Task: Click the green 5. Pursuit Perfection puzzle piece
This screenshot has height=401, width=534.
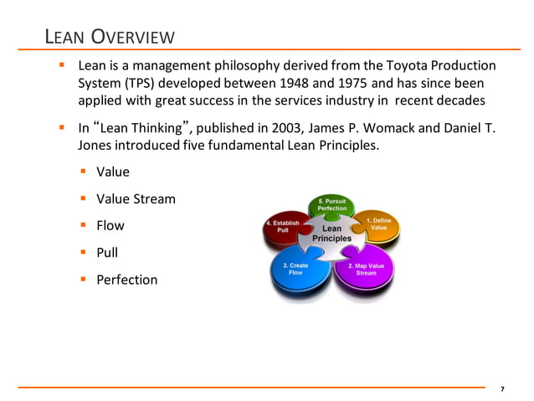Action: tap(331, 206)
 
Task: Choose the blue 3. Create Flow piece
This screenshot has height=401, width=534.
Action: tap(295, 270)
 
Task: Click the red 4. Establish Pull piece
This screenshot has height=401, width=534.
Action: tap(283, 228)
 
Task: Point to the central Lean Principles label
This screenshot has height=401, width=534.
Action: tap(331, 233)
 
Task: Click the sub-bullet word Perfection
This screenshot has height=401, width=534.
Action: tap(126, 280)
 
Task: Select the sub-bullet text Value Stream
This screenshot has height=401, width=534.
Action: tap(136, 199)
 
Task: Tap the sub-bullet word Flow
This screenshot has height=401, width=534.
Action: tap(110, 226)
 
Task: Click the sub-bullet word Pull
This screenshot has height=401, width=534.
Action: tap(107, 253)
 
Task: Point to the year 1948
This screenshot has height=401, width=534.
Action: tap(330, 84)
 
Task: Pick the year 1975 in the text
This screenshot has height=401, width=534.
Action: tap(390, 84)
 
